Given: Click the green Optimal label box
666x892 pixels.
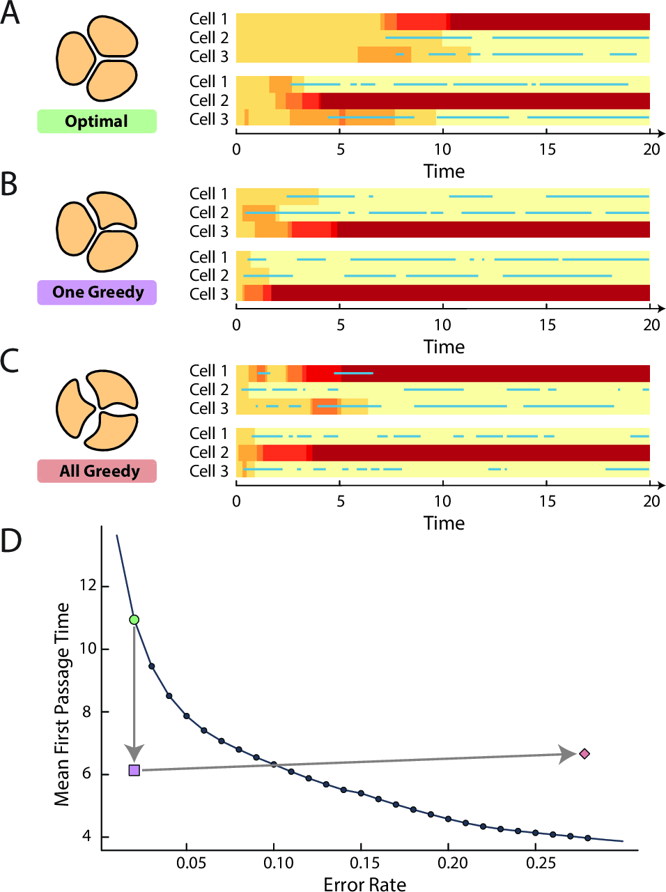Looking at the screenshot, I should (97, 121).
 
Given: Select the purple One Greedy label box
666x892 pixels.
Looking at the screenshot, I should (97, 292).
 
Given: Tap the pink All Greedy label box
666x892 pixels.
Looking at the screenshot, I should (97, 471).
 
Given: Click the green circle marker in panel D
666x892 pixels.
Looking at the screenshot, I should (134, 620).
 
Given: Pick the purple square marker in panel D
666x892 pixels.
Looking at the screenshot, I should (134, 770).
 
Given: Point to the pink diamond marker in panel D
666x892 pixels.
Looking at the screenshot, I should (584, 753).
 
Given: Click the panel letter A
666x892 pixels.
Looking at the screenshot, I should (10, 13).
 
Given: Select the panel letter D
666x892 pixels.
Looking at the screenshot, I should (11, 541).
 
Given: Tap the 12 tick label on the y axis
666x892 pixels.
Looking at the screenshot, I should (88, 585).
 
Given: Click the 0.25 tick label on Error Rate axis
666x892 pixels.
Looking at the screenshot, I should (541, 863).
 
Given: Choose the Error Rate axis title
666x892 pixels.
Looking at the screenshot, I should (364, 884).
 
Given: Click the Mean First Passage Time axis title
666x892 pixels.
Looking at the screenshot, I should (63, 704).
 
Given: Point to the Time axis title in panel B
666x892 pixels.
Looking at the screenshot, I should (444, 346).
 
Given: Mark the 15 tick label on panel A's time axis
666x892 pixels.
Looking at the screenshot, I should (547, 149).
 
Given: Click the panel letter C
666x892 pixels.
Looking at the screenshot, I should (10, 362).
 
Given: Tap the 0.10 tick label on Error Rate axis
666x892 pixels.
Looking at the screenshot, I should (278, 863).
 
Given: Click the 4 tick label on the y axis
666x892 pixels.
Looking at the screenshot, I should (86, 836).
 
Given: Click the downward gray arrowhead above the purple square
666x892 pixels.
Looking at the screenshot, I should (134, 753).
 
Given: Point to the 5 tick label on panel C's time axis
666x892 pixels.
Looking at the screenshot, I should (341, 501).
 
